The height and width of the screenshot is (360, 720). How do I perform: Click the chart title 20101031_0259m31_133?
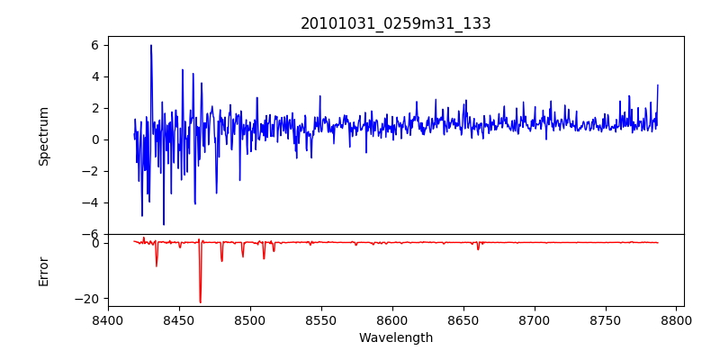pos(396,23)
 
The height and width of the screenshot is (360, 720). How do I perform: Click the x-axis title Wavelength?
pos(396,338)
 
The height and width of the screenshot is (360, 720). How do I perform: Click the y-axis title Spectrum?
pos(44,136)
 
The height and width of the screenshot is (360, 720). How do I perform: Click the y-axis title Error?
pos(44,271)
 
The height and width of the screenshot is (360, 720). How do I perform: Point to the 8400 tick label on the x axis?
pos(108,320)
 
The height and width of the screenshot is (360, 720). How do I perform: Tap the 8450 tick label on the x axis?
pos(179,320)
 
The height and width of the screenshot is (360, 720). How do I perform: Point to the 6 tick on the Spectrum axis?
pos(94,45)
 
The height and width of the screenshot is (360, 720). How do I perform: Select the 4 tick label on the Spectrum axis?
pos(94,76)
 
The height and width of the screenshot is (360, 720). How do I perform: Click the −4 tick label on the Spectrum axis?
pos(91,202)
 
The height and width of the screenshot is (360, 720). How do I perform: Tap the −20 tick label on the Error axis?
pos(87,298)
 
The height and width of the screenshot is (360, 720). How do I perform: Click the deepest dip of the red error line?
pos(200,302)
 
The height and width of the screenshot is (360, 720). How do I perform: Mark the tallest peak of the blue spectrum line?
pos(151,45)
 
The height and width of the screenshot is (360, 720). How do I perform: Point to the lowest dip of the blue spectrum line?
pos(164,224)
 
